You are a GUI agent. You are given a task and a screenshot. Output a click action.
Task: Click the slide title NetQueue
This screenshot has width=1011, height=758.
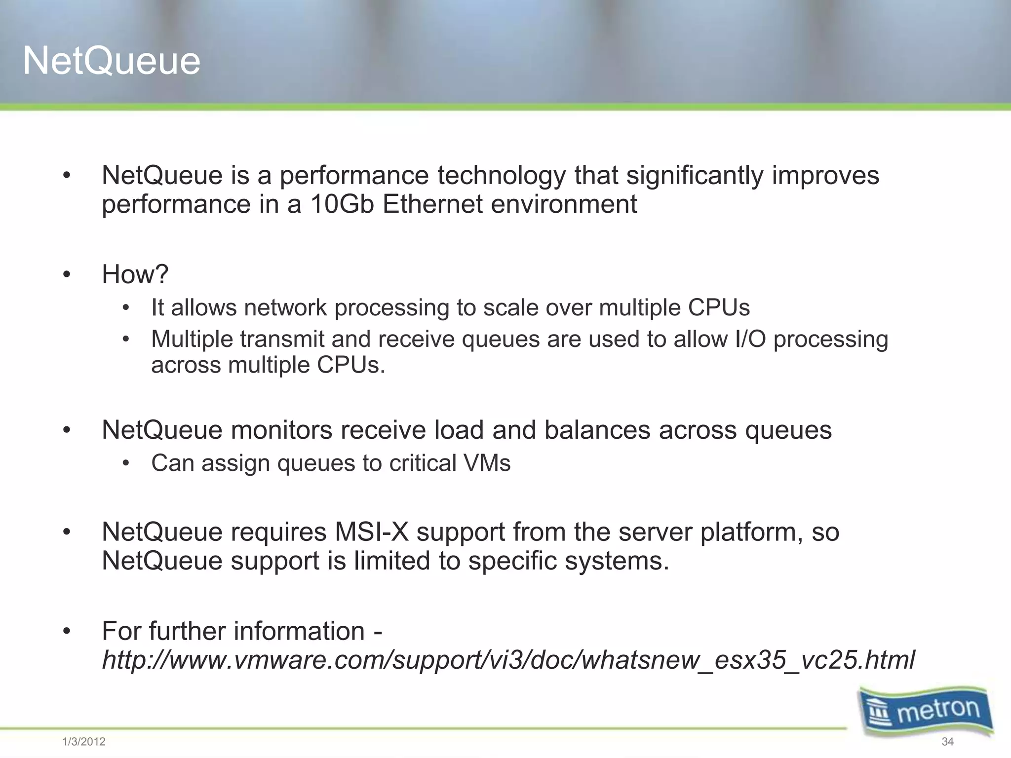pyautogui.click(x=112, y=61)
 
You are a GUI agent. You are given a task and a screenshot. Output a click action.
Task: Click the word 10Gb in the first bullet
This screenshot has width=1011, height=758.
pyautogui.click(x=342, y=204)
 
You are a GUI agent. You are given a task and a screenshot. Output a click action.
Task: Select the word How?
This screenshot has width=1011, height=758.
pyautogui.click(x=135, y=274)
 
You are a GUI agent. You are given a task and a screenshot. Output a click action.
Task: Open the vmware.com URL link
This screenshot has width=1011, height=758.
pyautogui.click(x=508, y=660)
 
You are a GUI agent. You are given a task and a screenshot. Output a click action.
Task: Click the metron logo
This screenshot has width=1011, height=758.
pyautogui.click(x=926, y=711)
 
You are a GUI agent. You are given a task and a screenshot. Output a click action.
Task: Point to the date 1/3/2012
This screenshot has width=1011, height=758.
pyautogui.click(x=84, y=742)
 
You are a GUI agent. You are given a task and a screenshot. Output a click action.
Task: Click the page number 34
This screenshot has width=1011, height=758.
pyautogui.click(x=947, y=742)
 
